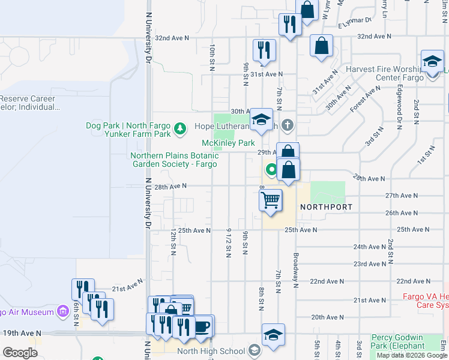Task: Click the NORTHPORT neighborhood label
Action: (x=326, y=206)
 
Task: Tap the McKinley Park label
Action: (x=228, y=143)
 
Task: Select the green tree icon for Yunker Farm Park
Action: (x=179, y=128)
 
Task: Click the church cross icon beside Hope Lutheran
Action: (x=288, y=125)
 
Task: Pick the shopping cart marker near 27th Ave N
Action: (x=271, y=200)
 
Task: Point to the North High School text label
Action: (x=212, y=352)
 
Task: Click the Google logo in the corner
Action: (x=20, y=353)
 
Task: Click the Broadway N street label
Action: (x=296, y=271)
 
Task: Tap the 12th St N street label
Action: (x=173, y=241)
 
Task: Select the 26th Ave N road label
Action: (x=401, y=213)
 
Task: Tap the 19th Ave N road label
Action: (x=22, y=332)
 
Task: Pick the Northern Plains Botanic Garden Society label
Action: (x=174, y=160)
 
